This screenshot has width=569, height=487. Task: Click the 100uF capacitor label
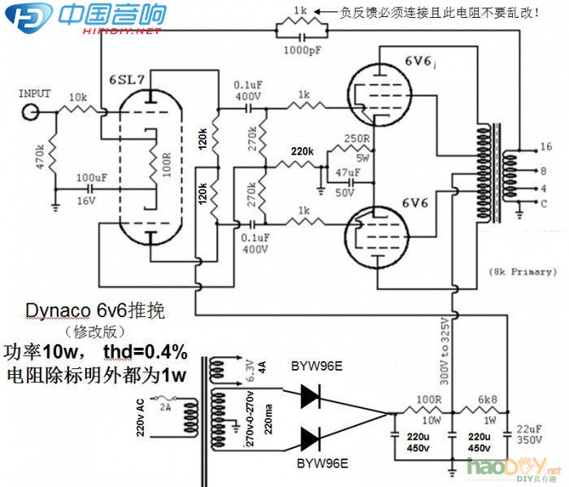coord(90,178)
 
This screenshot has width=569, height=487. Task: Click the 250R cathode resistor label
coord(358,139)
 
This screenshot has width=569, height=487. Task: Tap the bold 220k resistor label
coord(302,152)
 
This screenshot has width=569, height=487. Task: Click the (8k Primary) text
coord(523,271)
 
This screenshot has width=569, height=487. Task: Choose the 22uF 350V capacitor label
coord(529,434)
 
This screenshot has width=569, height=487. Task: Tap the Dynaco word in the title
coord(52,311)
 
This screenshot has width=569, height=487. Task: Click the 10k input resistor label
coord(78,97)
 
